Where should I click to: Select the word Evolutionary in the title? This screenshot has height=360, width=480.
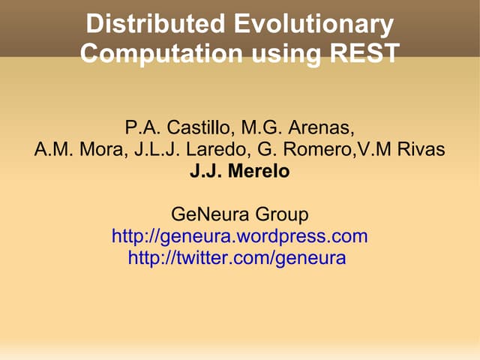(x=315, y=24)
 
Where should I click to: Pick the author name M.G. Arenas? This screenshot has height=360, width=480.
(x=298, y=126)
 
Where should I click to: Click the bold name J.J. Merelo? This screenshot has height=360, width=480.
(x=239, y=172)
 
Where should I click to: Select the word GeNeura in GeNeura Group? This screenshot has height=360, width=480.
(x=214, y=215)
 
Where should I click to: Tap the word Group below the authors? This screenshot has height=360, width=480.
(x=283, y=215)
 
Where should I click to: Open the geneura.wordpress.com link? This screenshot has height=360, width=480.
(x=239, y=237)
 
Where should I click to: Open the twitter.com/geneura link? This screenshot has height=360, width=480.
(x=237, y=259)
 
